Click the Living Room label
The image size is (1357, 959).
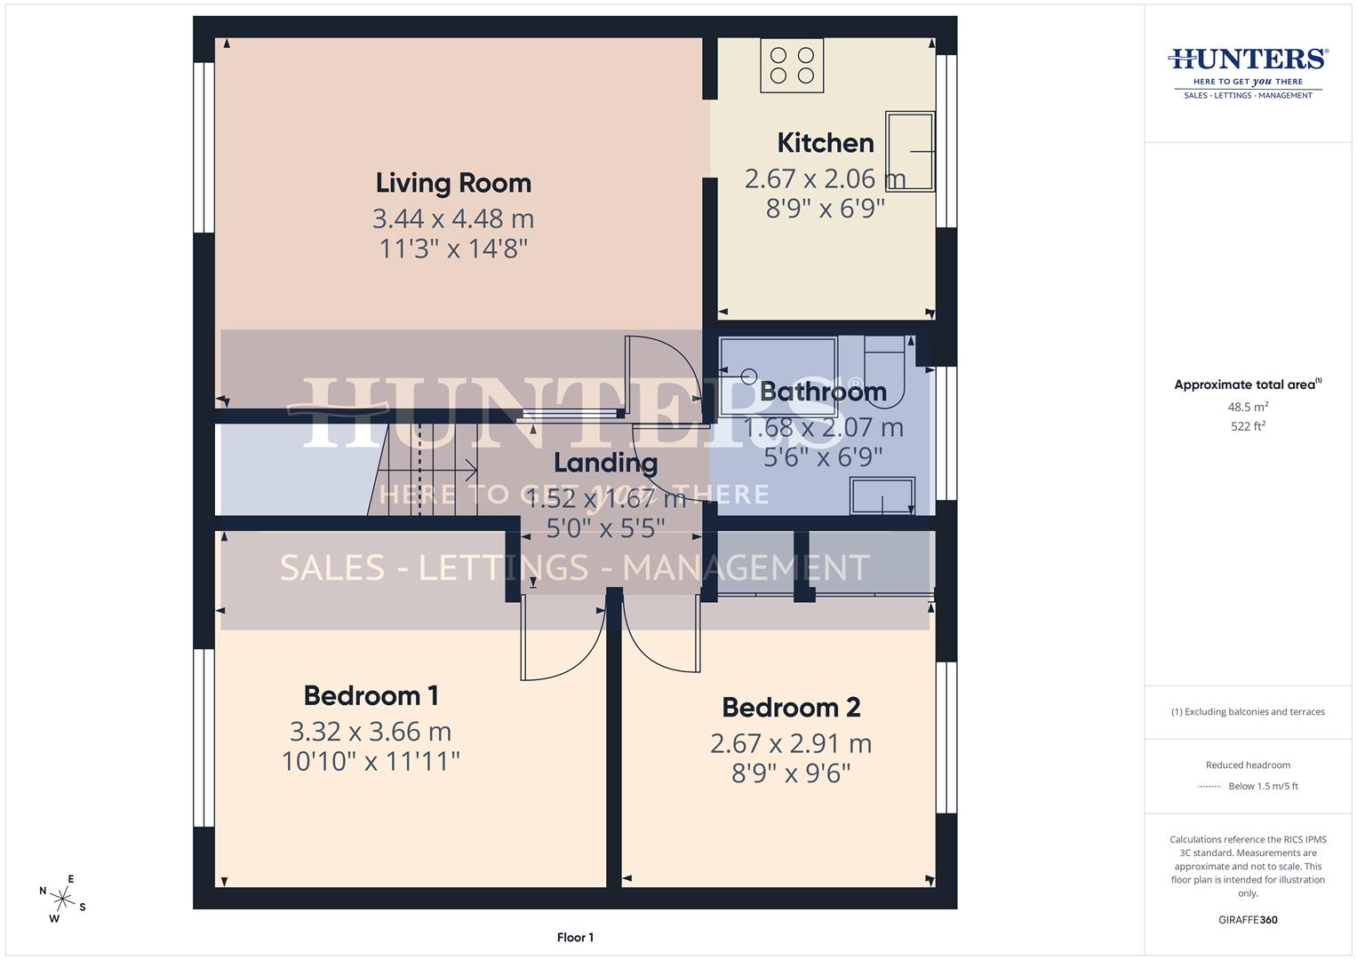click(453, 183)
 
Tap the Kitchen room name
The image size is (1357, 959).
click(825, 143)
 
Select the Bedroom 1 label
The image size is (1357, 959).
click(371, 695)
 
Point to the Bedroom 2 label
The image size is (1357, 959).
click(790, 708)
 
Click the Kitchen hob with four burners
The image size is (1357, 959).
click(792, 65)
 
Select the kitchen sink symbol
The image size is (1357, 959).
click(909, 151)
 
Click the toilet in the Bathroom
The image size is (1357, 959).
click(883, 373)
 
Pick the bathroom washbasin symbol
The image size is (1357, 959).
click(882, 496)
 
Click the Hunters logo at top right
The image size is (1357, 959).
click(1248, 71)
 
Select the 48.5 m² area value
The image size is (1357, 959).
click(1247, 407)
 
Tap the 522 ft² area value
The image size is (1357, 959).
click(1247, 426)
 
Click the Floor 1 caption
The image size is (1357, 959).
click(575, 938)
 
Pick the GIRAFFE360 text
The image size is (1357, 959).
click(1247, 920)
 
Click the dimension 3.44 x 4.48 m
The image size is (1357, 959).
click(453, 218)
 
